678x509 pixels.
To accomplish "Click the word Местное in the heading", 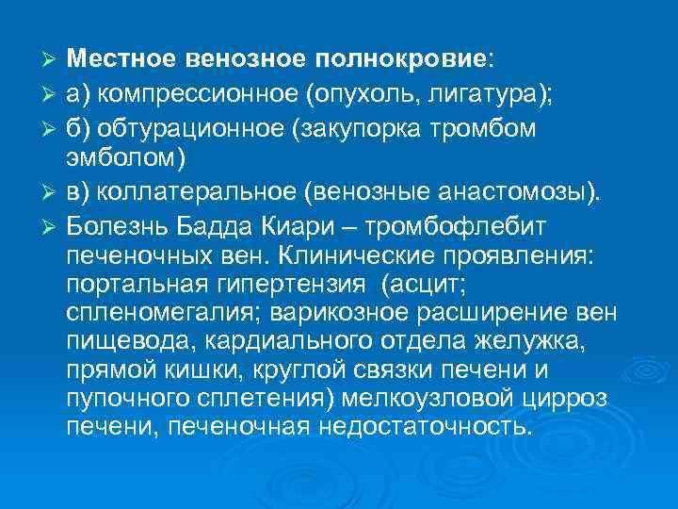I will [x=118, y=58].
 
